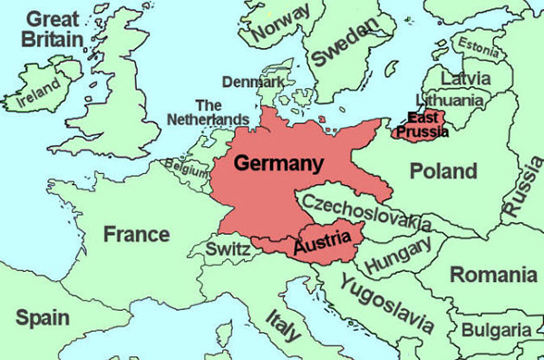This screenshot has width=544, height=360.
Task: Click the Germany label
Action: pos(278,164)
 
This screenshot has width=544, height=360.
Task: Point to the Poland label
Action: pos(442,170)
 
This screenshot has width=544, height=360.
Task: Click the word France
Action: pos(136,234)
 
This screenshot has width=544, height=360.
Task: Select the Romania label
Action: pos(493,274)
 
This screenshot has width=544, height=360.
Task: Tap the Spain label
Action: pos(43,317)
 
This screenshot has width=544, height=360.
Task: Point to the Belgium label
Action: pos(185,167)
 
